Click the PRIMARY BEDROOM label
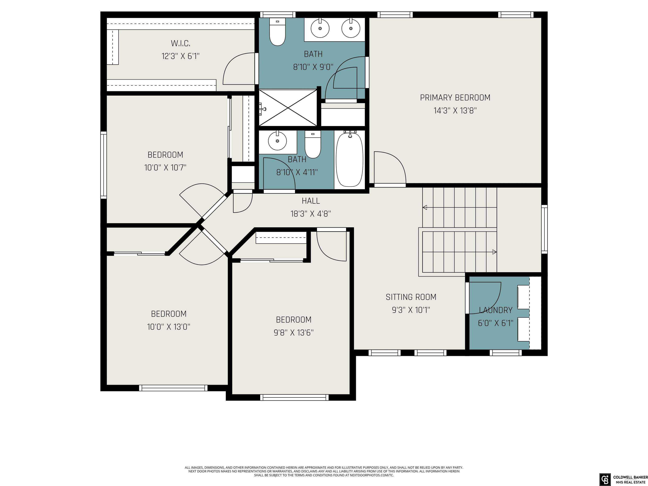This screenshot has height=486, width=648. pos(455,97)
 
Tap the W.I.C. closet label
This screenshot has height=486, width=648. pos(180,43)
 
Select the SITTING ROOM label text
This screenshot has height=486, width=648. pos(411,297)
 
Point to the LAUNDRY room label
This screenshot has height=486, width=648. pos(496,310)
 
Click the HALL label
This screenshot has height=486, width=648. pos(311,201)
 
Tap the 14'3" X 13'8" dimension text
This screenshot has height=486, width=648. pos(455,111)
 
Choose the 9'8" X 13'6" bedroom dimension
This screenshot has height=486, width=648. pos(294,332)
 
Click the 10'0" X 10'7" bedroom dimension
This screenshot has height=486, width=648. pos(165,167)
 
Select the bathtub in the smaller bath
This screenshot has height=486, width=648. pos(350,159)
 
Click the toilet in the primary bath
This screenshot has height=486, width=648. pos(277,32)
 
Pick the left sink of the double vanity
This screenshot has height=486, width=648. pos(320,28)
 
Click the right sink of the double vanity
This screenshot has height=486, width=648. pos(351,28)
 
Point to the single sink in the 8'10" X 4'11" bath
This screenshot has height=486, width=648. pos(277,141)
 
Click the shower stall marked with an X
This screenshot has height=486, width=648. pos(288,108)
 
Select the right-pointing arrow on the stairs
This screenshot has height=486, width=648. pos(494,252)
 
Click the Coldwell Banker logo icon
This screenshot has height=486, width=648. pos(604,479)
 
